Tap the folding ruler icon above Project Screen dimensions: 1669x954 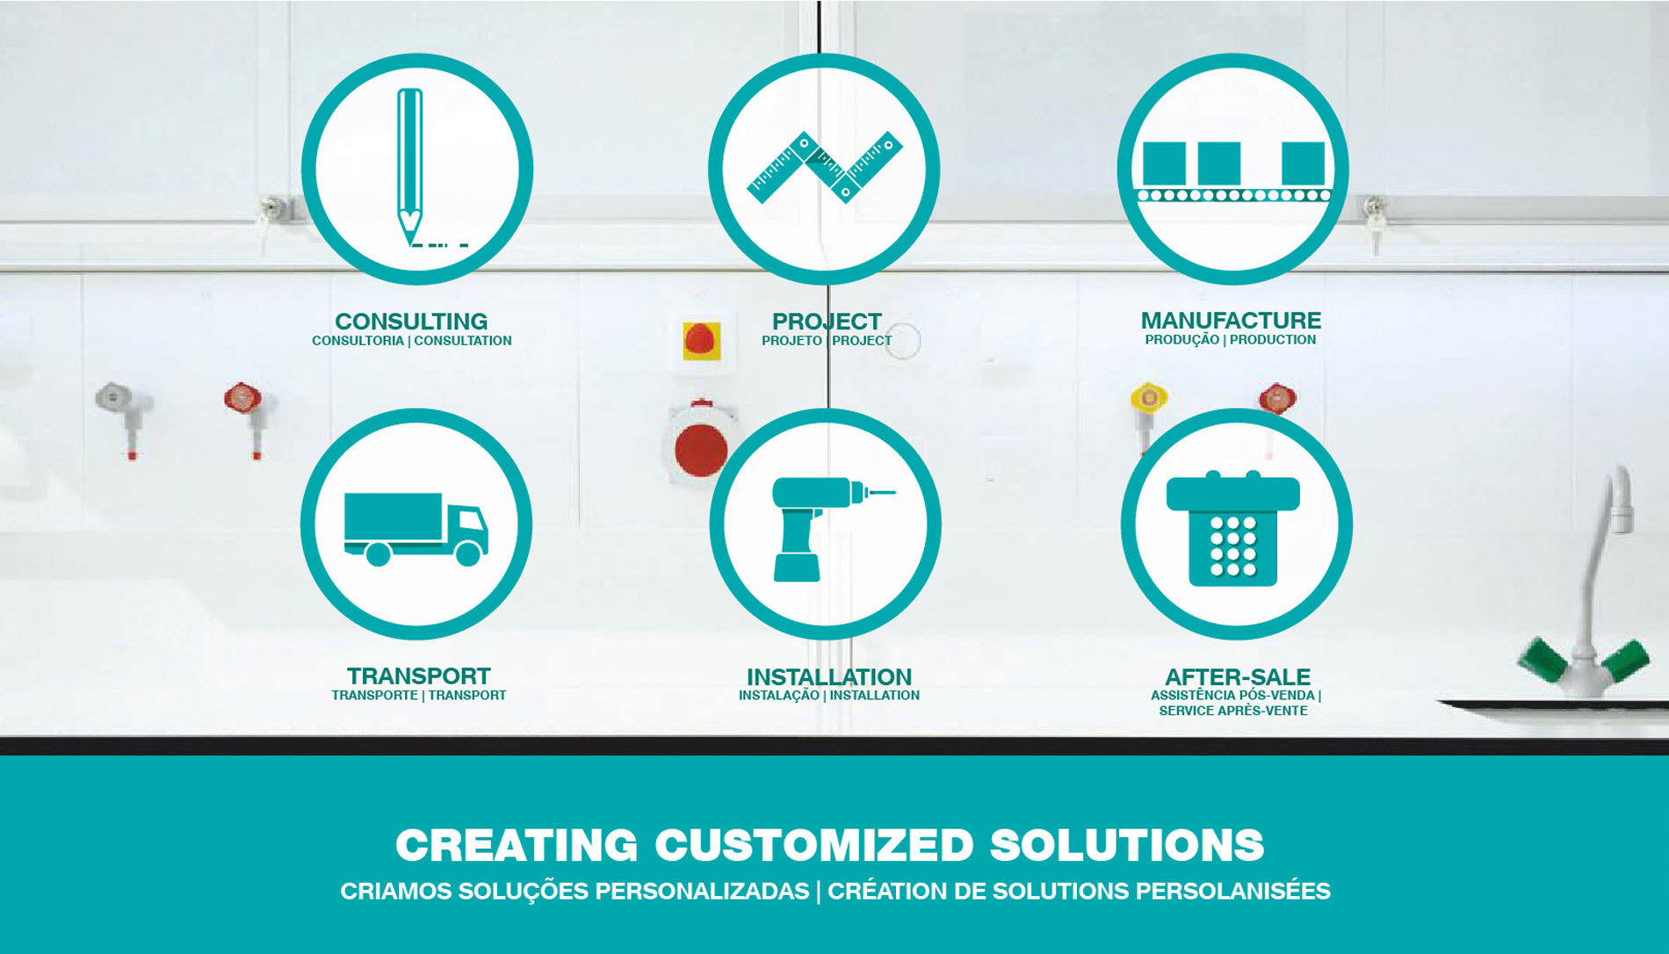click(824, 167)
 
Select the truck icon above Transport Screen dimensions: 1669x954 click(415, 528)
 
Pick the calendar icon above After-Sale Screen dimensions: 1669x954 click(1232, 528)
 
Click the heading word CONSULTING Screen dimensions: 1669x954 click(411, 322)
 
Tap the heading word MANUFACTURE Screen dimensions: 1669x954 click(1231, 321)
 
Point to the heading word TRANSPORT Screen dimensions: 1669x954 click(418, 676)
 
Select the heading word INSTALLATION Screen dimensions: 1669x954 click(829, 677)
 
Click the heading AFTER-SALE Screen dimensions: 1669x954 click(1238, 677)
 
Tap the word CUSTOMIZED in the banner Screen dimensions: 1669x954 click(814, 845)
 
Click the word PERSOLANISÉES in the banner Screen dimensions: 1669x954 click(1233, 891)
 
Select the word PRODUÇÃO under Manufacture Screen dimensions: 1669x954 click(1181, 340)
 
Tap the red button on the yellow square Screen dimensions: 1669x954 click(701, 340)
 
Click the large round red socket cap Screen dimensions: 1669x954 click(701, 450)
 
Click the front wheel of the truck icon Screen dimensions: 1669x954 click(468, 553)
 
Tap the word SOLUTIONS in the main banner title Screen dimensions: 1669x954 click(1127, 845)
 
